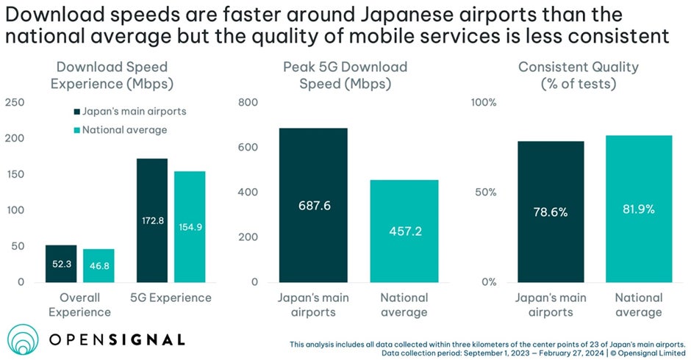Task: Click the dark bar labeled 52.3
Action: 61,264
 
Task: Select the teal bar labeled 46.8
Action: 99,266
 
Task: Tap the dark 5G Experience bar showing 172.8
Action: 151,220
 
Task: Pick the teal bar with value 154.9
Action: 190,227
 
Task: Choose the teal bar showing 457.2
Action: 404,231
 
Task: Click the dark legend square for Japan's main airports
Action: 76,111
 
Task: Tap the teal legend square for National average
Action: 76,130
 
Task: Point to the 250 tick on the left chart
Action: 14,102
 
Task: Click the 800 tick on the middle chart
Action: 249,102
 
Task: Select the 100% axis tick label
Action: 484,102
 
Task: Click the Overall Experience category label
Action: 80,305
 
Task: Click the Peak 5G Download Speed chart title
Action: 345,75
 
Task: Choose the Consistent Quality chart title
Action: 579,75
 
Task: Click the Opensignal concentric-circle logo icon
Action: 24,339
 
